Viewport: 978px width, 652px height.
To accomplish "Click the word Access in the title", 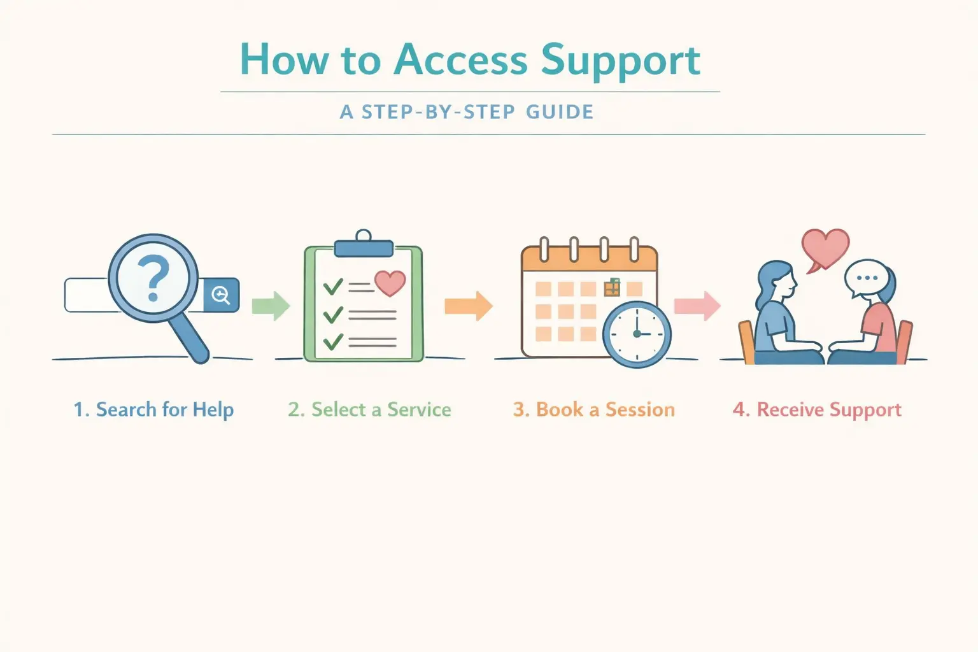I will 460,60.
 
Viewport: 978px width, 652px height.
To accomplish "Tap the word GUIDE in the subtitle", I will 560,112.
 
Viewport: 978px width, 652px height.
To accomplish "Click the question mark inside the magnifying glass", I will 153,278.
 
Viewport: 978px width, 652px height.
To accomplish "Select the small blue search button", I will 221,295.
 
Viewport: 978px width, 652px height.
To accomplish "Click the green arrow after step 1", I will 271,306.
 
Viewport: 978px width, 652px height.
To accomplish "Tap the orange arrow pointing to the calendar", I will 469,306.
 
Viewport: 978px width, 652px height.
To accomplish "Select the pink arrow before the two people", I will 697,306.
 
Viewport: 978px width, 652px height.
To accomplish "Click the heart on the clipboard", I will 390,282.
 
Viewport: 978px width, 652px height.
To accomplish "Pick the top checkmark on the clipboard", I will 332,287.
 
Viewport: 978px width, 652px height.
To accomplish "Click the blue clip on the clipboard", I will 364,247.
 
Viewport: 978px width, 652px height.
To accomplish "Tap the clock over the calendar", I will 637,334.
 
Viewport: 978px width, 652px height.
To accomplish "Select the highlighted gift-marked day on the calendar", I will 612,288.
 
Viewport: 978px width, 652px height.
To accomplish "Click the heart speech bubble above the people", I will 825,248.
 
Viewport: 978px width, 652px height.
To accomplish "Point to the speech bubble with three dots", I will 867,278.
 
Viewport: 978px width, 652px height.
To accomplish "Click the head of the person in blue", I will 777,280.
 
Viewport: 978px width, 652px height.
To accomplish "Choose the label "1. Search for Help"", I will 153,409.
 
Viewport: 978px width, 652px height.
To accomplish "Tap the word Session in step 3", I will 640,409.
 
